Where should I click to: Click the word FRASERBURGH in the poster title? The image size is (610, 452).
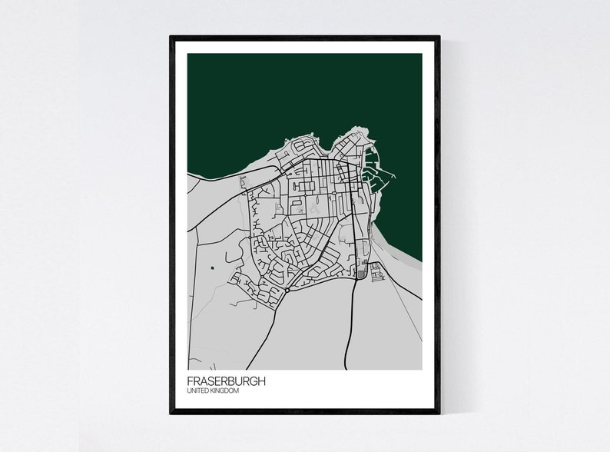tap(226, 381)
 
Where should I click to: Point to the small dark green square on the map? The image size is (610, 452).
tap(211, 268)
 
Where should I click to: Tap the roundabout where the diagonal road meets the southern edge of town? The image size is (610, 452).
tap(286, 291)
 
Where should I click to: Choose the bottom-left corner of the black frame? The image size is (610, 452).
tap(171, 412)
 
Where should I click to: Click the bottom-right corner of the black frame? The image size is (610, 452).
tap(438, 412)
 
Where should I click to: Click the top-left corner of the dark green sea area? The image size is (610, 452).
tap(188, 55)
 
